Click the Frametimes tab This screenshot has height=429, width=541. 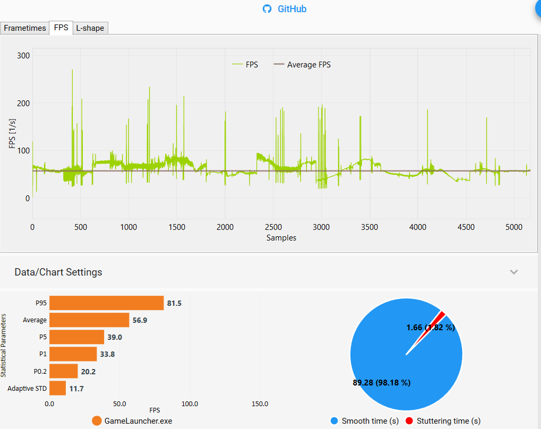(24, 28)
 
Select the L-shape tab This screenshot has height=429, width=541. (90, 28)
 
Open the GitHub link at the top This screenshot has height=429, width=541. (285, 9)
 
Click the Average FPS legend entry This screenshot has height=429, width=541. (302, 65)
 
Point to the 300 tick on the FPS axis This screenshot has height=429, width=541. (23, 56)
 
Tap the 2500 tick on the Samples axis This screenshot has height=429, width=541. (273, 227)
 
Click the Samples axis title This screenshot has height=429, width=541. (281, 238)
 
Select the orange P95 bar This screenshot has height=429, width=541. (107, 303)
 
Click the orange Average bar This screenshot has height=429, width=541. (89, 320)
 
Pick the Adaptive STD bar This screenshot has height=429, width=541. (58, 388)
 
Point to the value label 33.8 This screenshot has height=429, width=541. (107, 354)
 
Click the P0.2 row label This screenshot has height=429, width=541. (40, 371)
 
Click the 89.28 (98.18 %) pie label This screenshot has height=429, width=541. (382, 382)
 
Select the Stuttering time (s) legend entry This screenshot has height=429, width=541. (443, 421)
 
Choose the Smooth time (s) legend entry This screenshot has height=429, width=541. (365, 421)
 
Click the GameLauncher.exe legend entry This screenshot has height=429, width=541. (132, 421)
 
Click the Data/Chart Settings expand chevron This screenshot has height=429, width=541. (514, 272)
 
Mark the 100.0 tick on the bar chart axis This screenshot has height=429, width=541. (190, 404)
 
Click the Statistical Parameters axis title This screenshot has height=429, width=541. (3, 345)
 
